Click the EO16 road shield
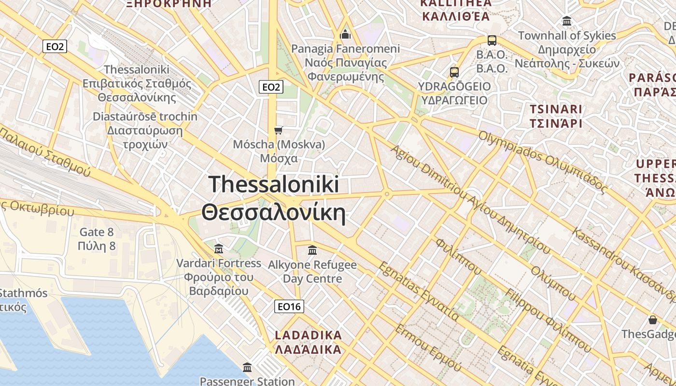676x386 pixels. [x=289, y=306]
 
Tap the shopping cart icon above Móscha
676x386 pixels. [x=278, y=130]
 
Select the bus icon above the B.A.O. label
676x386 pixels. [x=492, y=41]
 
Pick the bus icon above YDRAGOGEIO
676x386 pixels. [x=454, y=72]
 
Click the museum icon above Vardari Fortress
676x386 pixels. [x=219, y=249]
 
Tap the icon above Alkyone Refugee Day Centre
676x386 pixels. [x=312, y=250]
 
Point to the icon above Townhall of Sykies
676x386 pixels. [x=567, y=21]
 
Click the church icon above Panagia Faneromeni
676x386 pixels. [x=345, y=34]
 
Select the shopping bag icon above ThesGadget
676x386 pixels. [x=653, y=320]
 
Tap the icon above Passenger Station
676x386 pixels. [x=247, y=367]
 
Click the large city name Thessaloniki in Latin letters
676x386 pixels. [x=274, y=185]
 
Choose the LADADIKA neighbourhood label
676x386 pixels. [x=308, y=335]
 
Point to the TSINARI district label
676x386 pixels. [x=556, y=109]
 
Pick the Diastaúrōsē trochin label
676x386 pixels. [x=145, y=116]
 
